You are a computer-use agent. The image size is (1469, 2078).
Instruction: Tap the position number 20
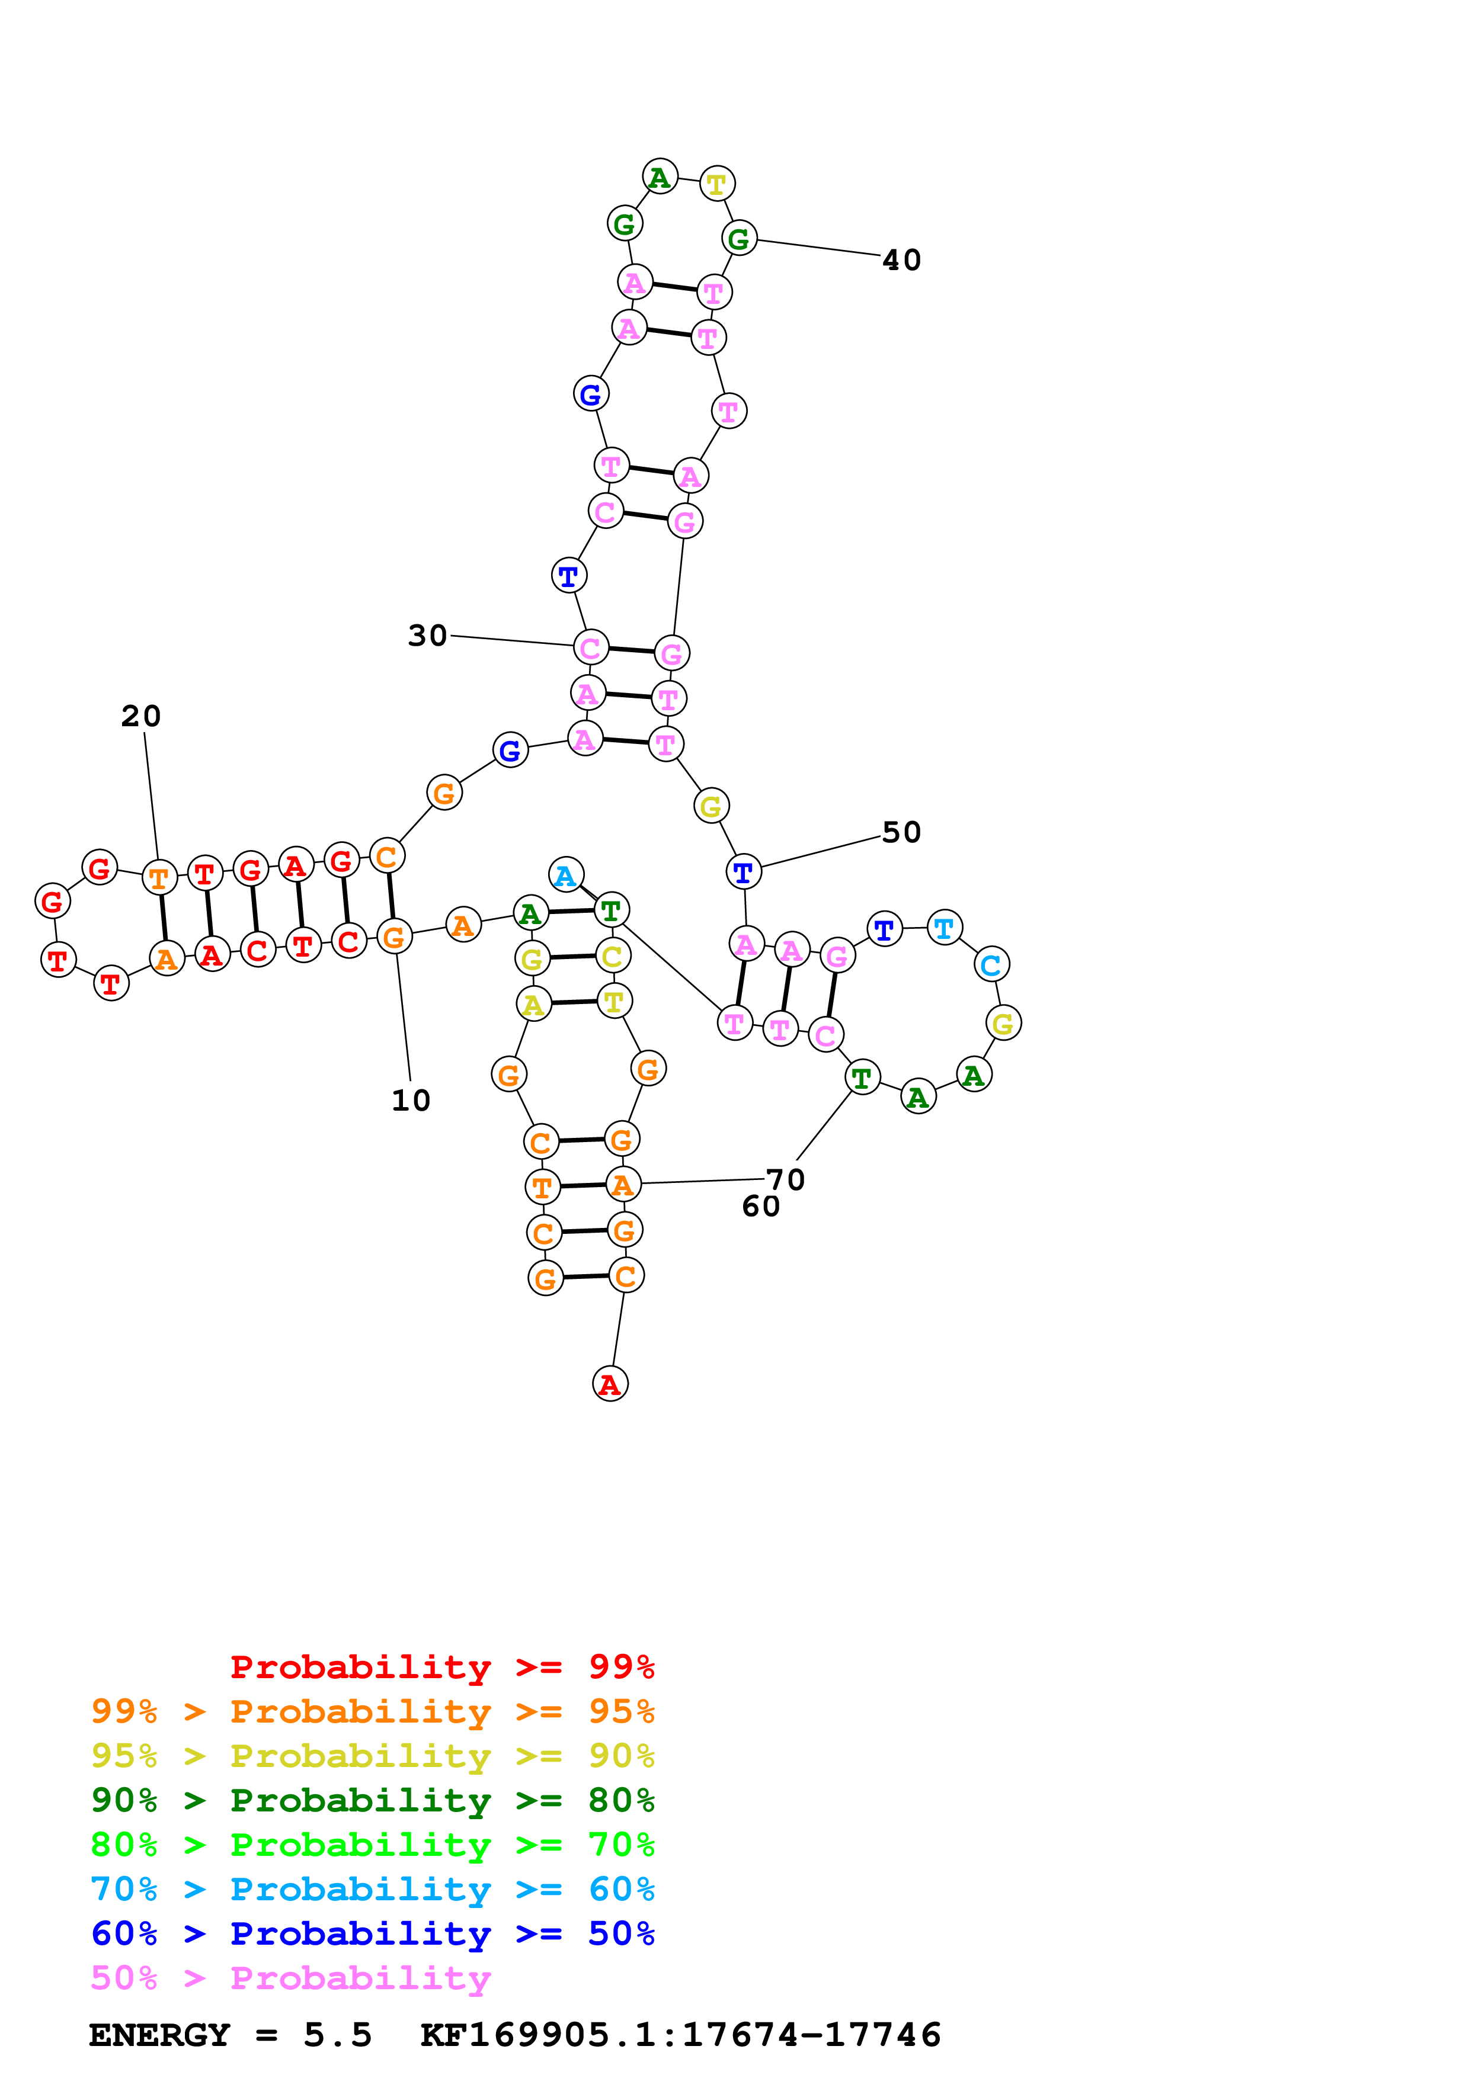tap(141, 716)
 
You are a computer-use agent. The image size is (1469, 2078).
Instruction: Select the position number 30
tap(427, 636)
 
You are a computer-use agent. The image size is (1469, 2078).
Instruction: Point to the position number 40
tap(901, 259)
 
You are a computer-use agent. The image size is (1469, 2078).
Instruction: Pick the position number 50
tap(901, 832)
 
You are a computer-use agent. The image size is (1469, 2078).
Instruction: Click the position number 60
tap(760, 1207)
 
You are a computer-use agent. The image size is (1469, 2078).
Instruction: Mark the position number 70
tap(786, 1179)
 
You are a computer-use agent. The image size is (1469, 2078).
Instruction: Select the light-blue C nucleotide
tap(991, 965)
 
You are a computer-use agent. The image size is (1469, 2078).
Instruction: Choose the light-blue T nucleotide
tap(944, 928)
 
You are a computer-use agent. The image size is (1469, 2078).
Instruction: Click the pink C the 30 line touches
tap(590, 648)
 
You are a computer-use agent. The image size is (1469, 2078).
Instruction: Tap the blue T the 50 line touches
tap(743, 871)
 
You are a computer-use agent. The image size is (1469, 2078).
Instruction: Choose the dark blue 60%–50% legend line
tap(372, 1933)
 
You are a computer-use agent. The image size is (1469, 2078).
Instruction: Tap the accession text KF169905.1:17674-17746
tap(681, 2035)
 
